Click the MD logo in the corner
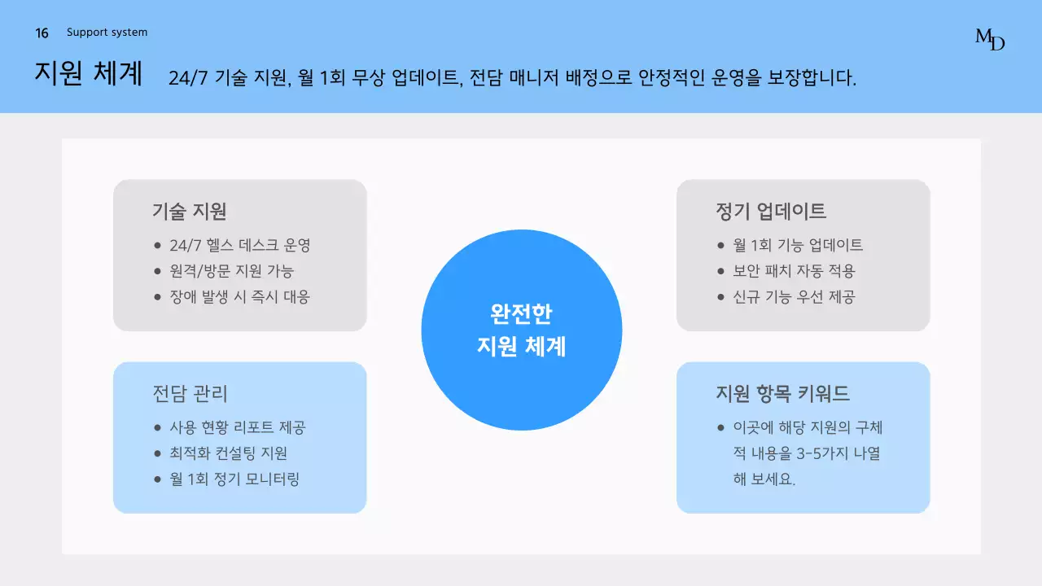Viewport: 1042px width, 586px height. pyautogui.click(x=990, y=39)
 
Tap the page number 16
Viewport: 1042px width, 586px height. pyautogui.click(x=42, y=33)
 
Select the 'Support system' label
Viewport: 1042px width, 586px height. pyautogui.click(x=107, y=33)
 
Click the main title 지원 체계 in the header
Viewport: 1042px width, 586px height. pyautogui.click(x=89, y=73)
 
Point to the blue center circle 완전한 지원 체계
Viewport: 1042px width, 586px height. pyautogui.click(x=521, y=330)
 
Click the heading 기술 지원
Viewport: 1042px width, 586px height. pyautogui.click(x=189, y=212)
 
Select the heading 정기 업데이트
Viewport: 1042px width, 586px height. pyautogui.click(x=770, y=212)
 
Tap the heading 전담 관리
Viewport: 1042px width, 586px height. pyautogui.click(x=190, y=394)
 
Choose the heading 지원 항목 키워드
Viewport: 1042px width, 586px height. pyautogui.click(x=782, y=394)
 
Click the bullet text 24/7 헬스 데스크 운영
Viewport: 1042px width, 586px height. pyautogui.click(x=240, y=245)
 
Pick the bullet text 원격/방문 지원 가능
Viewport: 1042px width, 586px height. pyautogui.click(x=231, y=271)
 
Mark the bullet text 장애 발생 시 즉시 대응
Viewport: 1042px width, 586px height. pyautogui.click(x=239, y=297)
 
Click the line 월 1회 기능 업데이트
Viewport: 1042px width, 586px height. pyautogui.click(x=798, y=245)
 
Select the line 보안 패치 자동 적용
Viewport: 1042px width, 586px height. pyautogui.click(x=794, y=271)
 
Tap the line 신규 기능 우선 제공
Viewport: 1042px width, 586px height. pyautogui.click(x=794, y=297)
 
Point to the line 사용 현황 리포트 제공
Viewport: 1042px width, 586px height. pyautogui.click(x=237, y=427)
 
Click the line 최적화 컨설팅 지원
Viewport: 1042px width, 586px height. pyautogui.click(x=228, y=453)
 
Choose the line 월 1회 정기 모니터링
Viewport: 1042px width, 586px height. pyautogui.click(x=234, y=479)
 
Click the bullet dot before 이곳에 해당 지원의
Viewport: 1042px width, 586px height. pyautogui.click(x=720, y=427)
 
